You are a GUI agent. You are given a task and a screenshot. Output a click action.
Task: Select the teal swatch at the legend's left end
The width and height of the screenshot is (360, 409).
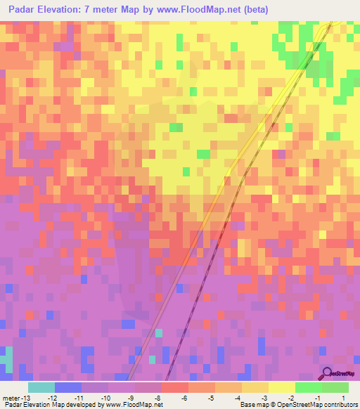point(41,387)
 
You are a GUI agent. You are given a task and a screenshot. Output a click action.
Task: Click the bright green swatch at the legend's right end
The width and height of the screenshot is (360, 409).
point(335,387)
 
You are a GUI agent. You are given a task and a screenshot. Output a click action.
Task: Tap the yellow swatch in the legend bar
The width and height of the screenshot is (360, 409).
point(281,387)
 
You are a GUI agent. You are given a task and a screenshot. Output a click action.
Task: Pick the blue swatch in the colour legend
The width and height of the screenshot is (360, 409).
point(67,387)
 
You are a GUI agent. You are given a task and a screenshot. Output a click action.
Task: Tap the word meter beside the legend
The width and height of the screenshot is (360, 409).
point(11,398)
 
